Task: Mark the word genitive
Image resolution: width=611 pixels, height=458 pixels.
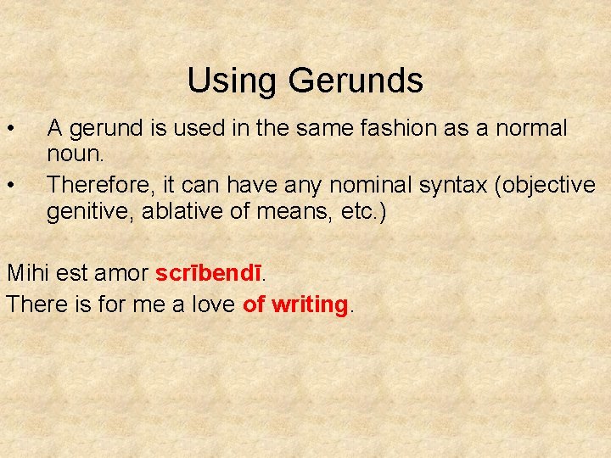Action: [90, 212]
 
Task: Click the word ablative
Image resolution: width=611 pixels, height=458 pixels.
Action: [178, 211]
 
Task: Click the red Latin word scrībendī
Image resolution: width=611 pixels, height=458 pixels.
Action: [209, 274]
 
